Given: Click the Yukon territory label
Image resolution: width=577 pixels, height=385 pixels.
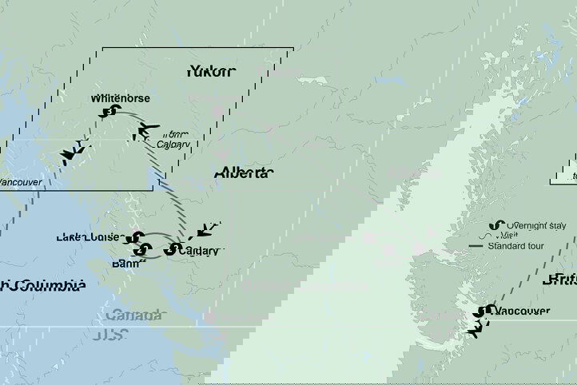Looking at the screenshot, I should coord(211,72).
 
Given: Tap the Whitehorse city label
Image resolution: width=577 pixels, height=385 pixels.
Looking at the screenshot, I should coord(120,98).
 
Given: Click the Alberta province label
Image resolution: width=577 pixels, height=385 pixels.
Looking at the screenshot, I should coord(243,173).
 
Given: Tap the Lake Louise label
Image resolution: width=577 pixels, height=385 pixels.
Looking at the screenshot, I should coord(88,237).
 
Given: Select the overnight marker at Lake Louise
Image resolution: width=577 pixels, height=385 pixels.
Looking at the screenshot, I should coord(137,238).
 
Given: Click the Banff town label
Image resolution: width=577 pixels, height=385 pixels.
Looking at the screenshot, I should coord(125,263).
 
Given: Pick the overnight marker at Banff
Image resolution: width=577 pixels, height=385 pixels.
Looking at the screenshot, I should coord(141,253).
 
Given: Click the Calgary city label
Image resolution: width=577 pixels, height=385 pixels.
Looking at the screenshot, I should coord(199,251).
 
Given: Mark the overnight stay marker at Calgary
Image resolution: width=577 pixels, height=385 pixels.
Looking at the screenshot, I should coord(170,250).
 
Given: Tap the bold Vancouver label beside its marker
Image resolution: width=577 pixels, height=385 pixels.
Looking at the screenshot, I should coord(522,311).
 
